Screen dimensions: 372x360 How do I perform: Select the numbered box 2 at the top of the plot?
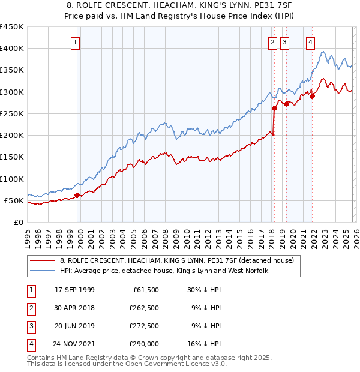pyautogui.click(x=273, y=42)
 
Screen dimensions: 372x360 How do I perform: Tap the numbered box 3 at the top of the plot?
pyautogui.click(x=284, y=42)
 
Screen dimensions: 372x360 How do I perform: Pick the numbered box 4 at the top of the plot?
pyautogui.click(x=310, y=42)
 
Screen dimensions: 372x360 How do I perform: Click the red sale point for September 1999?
pyautogui.click(x=77, y=195)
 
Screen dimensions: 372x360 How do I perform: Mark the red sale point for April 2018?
pyautogui.click(x=274, y=109)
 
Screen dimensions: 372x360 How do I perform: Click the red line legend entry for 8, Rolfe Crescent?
pyautogui.click(x=176, y=260)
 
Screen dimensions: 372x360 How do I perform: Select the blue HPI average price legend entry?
pyautogui.click(x=163, y=271)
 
